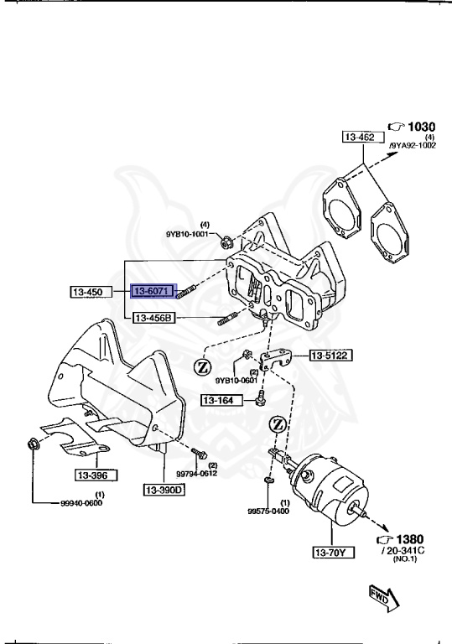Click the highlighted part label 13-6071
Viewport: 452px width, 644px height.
[152, 291]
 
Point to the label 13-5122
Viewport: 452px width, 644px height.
[330, 355]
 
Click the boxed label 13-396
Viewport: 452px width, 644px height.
[94, 475]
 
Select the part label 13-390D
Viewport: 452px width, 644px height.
[164, 489]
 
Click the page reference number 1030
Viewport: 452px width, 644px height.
[419, 127]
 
